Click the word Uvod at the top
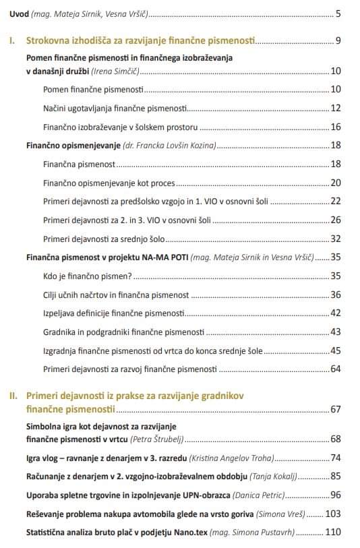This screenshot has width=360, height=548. [19, 13]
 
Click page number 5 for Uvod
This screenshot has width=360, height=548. [338, 13]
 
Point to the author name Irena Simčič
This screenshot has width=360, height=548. [121, 71]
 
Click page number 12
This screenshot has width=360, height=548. [335, 108]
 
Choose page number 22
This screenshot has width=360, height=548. [335, 202]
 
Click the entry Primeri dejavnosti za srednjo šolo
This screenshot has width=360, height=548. [104, 239]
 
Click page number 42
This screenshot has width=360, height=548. [335, 313]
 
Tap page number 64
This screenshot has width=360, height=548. [335, 369]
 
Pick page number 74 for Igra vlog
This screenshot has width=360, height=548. [335, 458]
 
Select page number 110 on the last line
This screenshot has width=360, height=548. [332, 532]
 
